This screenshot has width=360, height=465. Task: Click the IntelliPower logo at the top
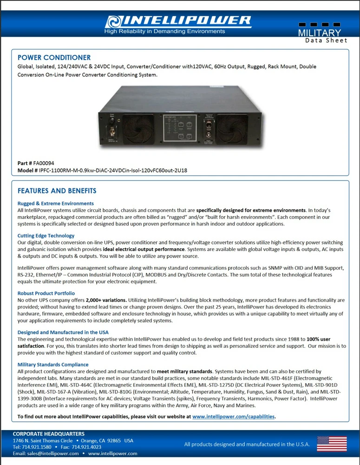178,21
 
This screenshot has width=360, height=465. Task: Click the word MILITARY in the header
319,33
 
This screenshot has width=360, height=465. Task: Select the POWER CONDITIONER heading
54,58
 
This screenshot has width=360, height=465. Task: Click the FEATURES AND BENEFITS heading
57,191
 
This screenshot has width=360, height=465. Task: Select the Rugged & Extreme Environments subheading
55,203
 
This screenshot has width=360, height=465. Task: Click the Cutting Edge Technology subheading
46,236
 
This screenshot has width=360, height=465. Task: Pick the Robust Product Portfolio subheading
46,293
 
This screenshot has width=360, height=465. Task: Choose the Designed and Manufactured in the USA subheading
63,332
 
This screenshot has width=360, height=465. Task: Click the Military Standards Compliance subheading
53,365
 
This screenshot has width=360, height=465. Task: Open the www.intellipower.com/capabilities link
234,417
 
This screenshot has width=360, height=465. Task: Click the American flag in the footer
331,444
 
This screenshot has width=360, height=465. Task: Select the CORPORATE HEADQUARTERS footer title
48,434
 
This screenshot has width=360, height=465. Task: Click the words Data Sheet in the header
326,40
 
